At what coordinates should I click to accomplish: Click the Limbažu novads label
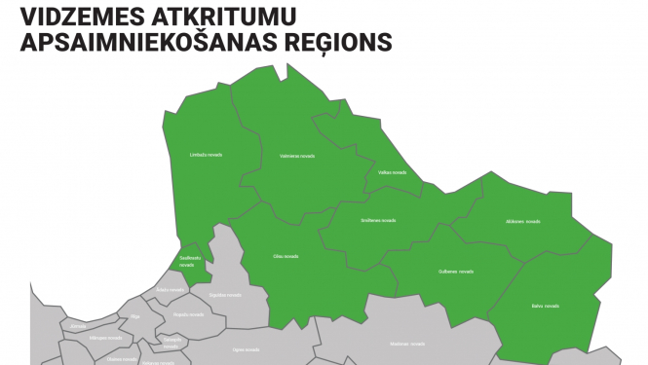[205, 155]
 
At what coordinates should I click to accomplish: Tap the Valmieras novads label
[296, 156]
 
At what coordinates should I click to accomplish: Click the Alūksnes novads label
[522, 222]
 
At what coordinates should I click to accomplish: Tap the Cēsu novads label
[285, 256]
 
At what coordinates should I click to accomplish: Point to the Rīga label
[135, 316]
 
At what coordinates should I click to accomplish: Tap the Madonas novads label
[407, 344]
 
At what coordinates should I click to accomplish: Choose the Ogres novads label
[246, 348]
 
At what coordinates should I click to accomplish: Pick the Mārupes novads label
[105, 337]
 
